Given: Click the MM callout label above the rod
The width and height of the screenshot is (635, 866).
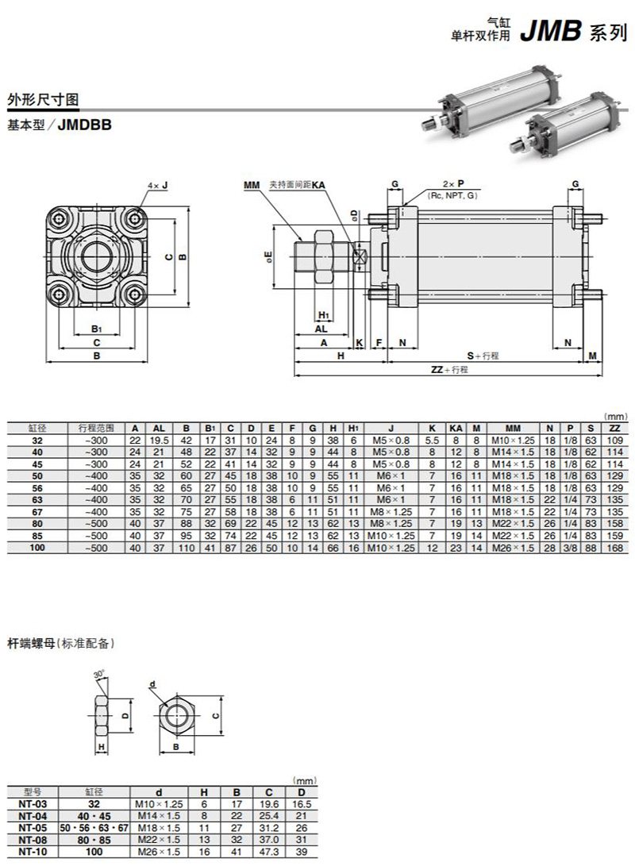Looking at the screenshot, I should pos(252,185).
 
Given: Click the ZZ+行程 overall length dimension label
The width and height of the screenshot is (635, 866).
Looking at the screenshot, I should pos(449,370).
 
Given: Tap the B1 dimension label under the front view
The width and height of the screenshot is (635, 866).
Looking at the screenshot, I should pos(96,328).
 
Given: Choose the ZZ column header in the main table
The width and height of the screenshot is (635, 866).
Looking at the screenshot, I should pos(614,427).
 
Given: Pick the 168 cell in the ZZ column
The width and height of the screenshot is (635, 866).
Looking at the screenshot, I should pos(614,548).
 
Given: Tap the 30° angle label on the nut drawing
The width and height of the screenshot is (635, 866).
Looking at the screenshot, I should pos(99,675).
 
